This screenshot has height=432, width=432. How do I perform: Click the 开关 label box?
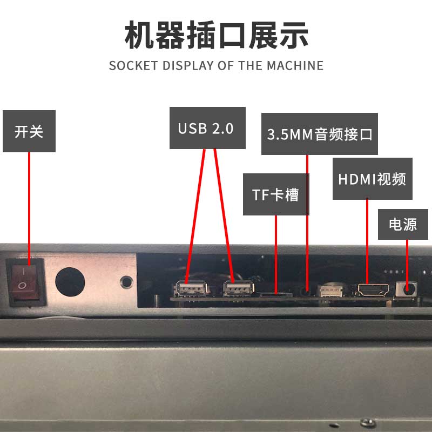point(29,131)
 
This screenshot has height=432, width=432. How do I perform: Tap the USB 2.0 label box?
point(207,128)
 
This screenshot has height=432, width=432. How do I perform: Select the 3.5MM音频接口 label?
point(320,134)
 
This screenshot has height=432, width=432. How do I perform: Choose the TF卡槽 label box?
point(276,194)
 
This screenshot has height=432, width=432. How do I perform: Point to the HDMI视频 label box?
point(373,179)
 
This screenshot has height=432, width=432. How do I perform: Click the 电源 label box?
point(403,224)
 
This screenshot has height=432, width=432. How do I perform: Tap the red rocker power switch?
point(25,282)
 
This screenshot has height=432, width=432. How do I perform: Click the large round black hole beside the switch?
point(70,282)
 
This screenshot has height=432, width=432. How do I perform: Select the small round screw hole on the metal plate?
point(126,282)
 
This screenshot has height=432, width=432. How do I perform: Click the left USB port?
point(191,289)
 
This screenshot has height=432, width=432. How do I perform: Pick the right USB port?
point(239,289)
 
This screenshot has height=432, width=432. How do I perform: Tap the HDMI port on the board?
point(373,290)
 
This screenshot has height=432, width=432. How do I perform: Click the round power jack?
point(407,289)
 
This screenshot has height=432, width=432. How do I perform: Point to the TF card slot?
point(276,295)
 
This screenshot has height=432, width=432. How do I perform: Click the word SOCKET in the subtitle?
point(133,65)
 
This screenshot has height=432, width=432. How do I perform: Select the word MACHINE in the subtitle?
point(295,65)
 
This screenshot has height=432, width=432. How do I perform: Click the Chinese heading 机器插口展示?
point(217,35)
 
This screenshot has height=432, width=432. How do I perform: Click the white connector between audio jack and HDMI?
point(330,291)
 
